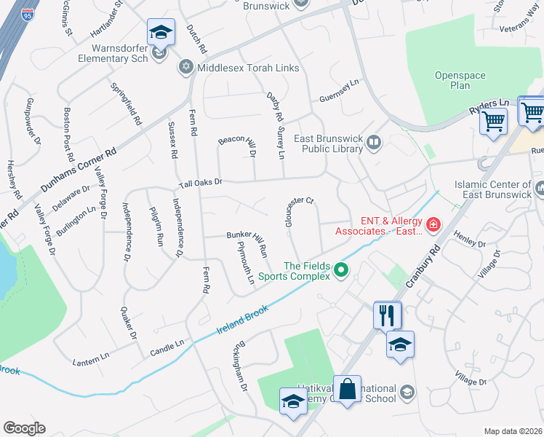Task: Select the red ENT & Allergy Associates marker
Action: point(433,224)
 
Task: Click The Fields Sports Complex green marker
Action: point(340,272)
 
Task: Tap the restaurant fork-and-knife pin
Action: point(387,315)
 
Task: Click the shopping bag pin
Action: point(348,388)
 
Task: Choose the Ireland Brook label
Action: point(242,320)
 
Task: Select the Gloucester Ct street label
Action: point(298,211)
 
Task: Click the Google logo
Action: point(24,428)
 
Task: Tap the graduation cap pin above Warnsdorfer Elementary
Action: point(160,32)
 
